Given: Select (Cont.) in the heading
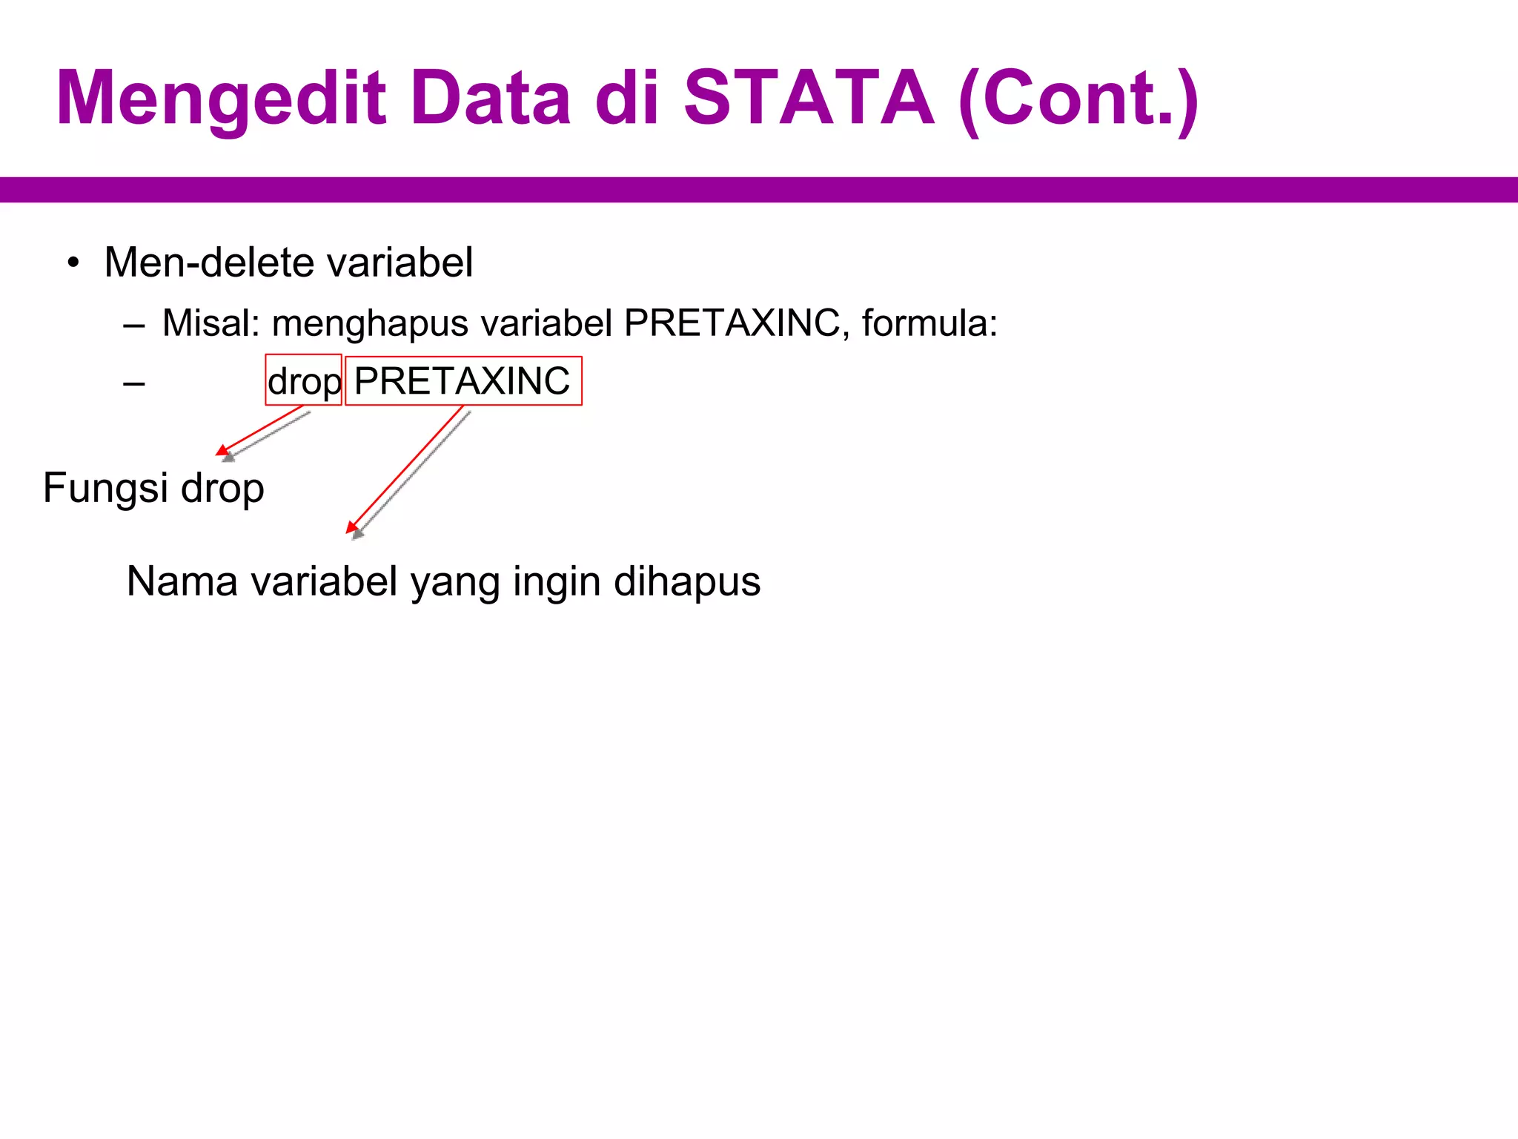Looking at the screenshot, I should (1078, 99).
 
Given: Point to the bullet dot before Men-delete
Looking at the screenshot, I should (73, 263).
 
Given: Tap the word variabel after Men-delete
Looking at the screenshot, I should (400, 263).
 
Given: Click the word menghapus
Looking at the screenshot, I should (370, 324).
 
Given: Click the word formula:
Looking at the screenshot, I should (929, 323).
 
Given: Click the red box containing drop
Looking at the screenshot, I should (303, 380).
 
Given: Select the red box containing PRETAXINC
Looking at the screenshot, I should (463, 381).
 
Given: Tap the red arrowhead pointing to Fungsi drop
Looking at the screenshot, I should (222, 450).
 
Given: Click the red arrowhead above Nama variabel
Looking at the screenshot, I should (351, 528).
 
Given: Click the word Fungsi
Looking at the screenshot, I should (105, 489).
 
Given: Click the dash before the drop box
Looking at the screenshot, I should (134, 383).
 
